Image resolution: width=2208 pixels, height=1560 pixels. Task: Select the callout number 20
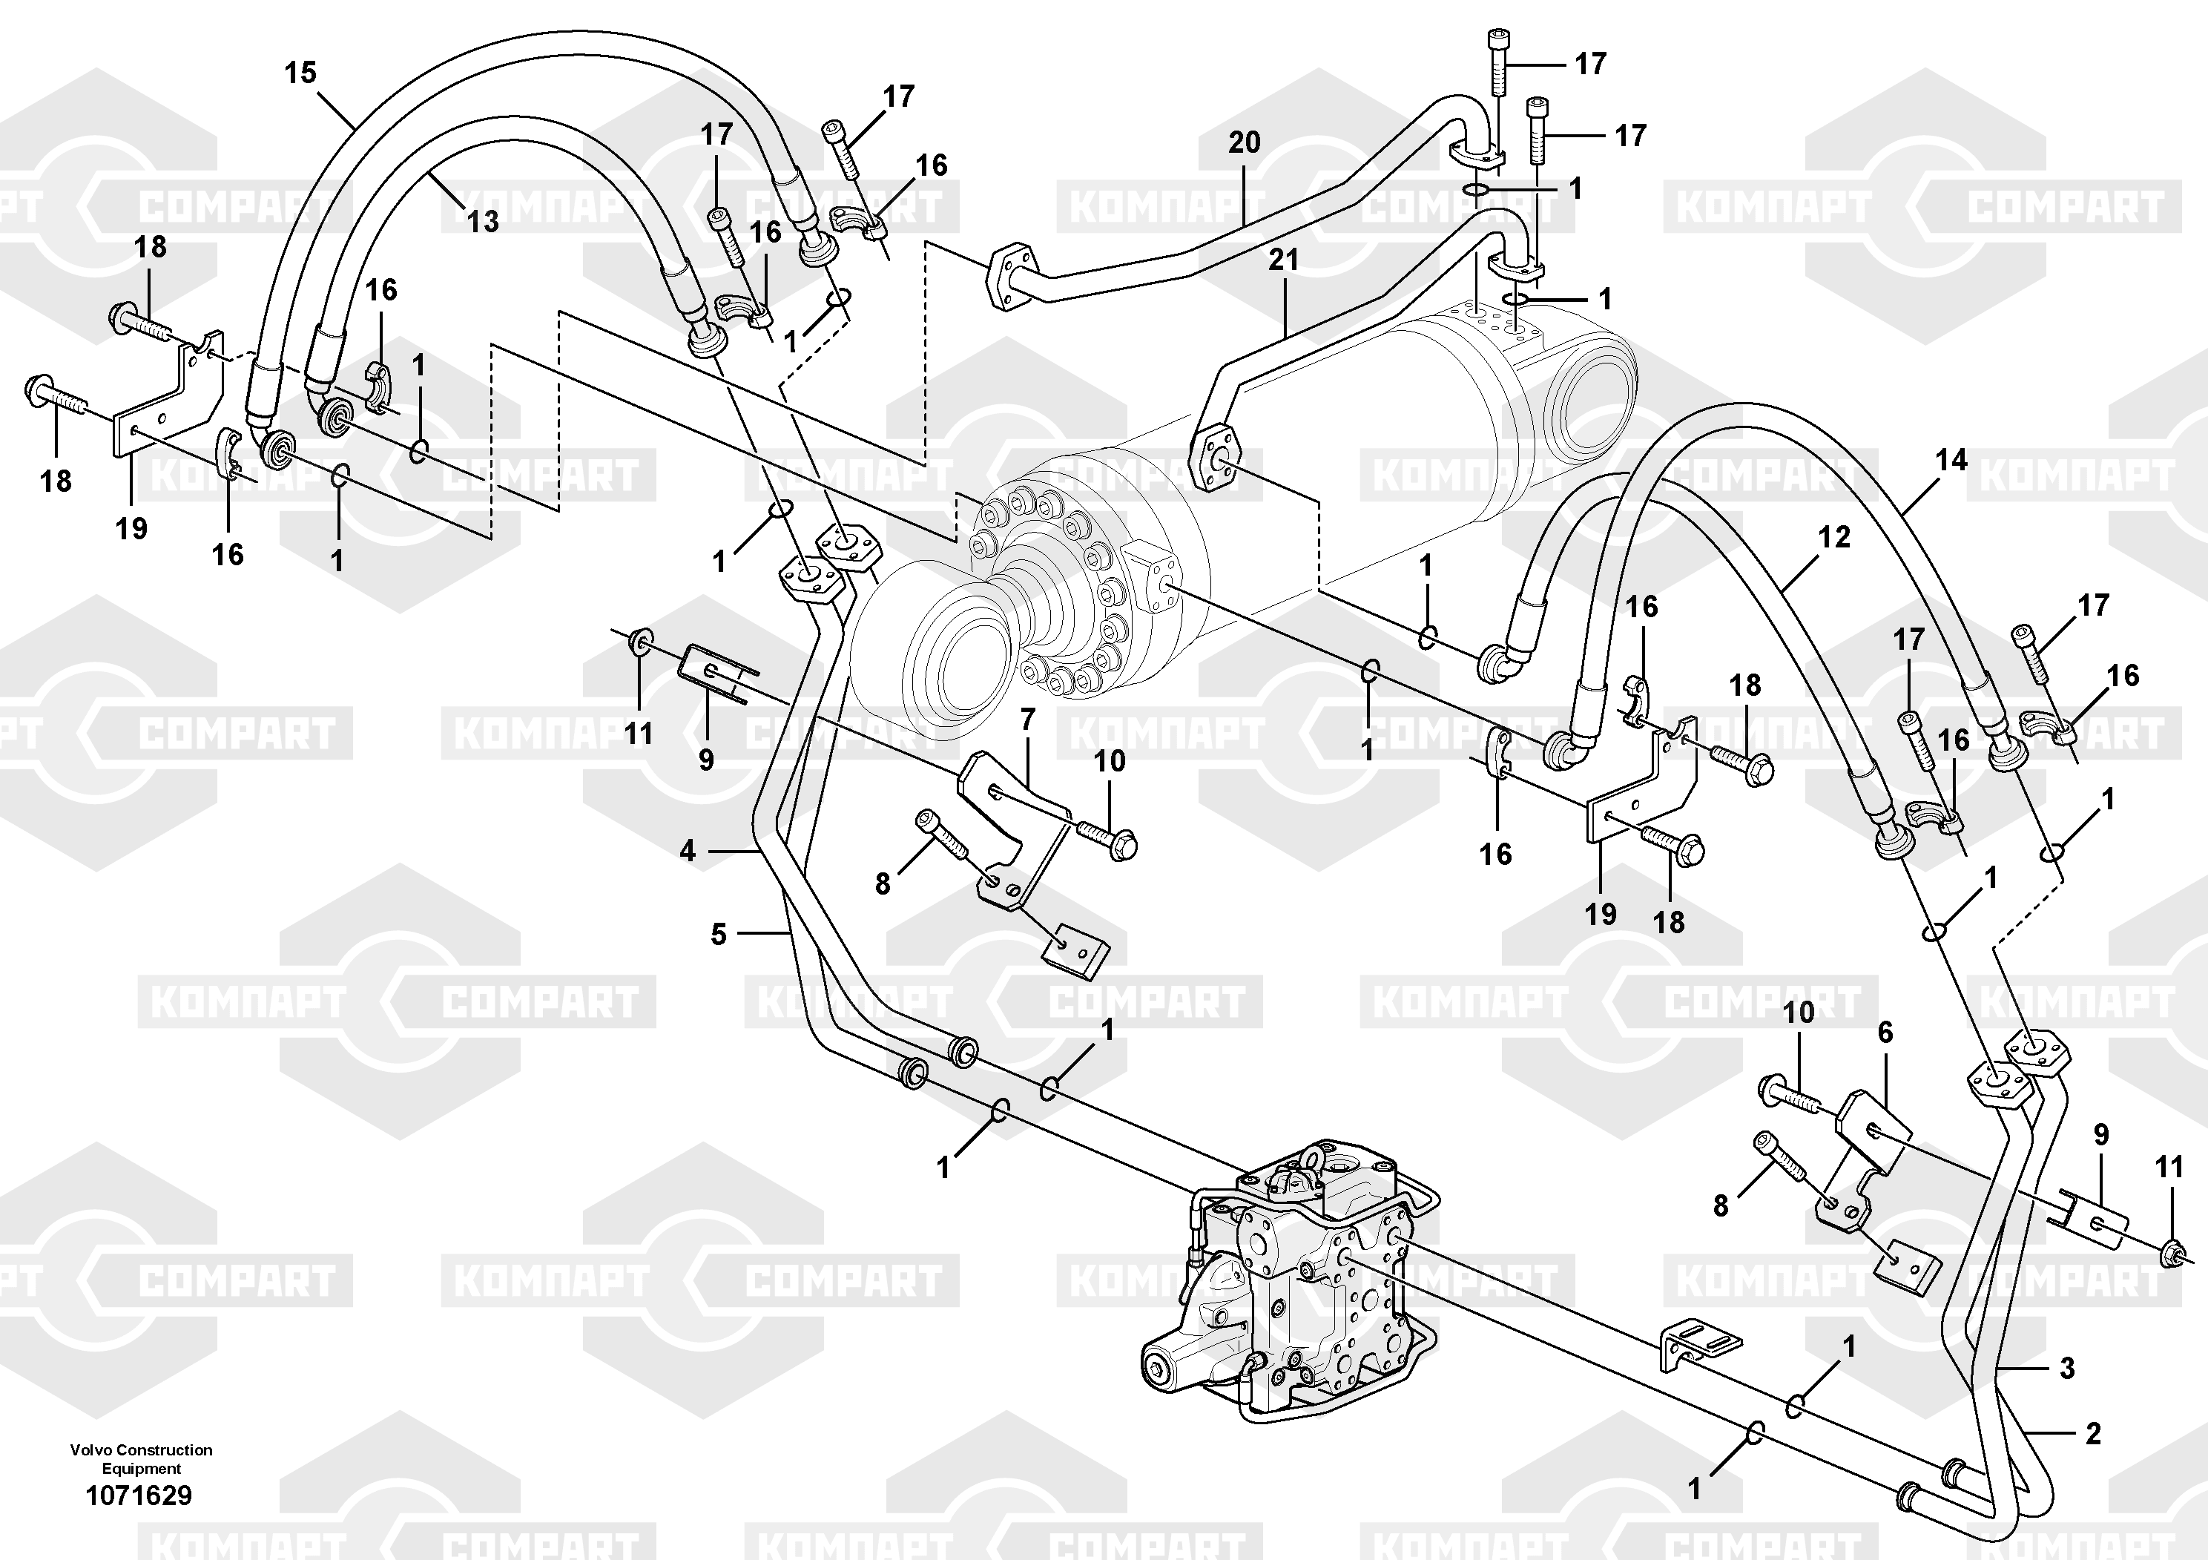click(x=1244, y=143)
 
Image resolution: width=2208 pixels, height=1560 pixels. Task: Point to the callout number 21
click(x=1283, y=260)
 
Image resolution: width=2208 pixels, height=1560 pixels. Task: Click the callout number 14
click(x=1951, y=461)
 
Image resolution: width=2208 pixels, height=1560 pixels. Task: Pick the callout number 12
click(x=1834, y=538)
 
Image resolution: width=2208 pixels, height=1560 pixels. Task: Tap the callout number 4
click(x=687, y=851)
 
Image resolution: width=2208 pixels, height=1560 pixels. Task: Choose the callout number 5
click(x=719, y=934)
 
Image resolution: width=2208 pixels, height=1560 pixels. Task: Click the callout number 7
click(x=1027, y=720)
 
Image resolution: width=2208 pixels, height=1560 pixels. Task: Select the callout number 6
click(x=1885, y=1033)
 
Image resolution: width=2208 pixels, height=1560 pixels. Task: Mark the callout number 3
click(x=2066, y=1368)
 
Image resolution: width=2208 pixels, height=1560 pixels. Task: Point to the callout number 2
click(x=2092, y=1434)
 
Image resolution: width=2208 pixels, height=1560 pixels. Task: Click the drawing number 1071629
click(x=139, y=1495)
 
